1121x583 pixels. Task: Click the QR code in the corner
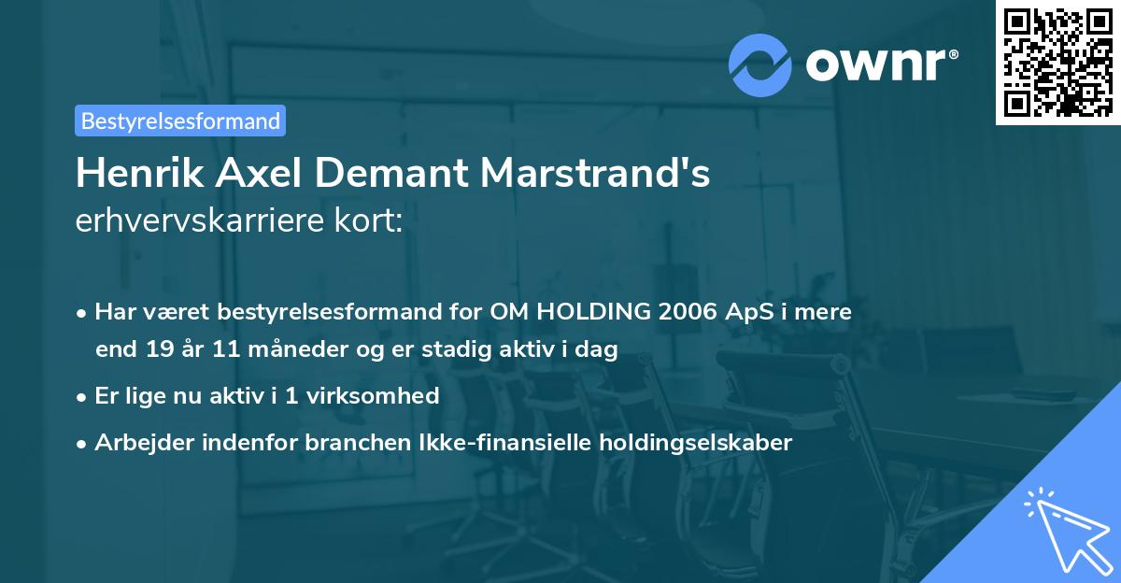pos(1057,62)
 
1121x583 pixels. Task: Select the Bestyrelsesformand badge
pos(180,121)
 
